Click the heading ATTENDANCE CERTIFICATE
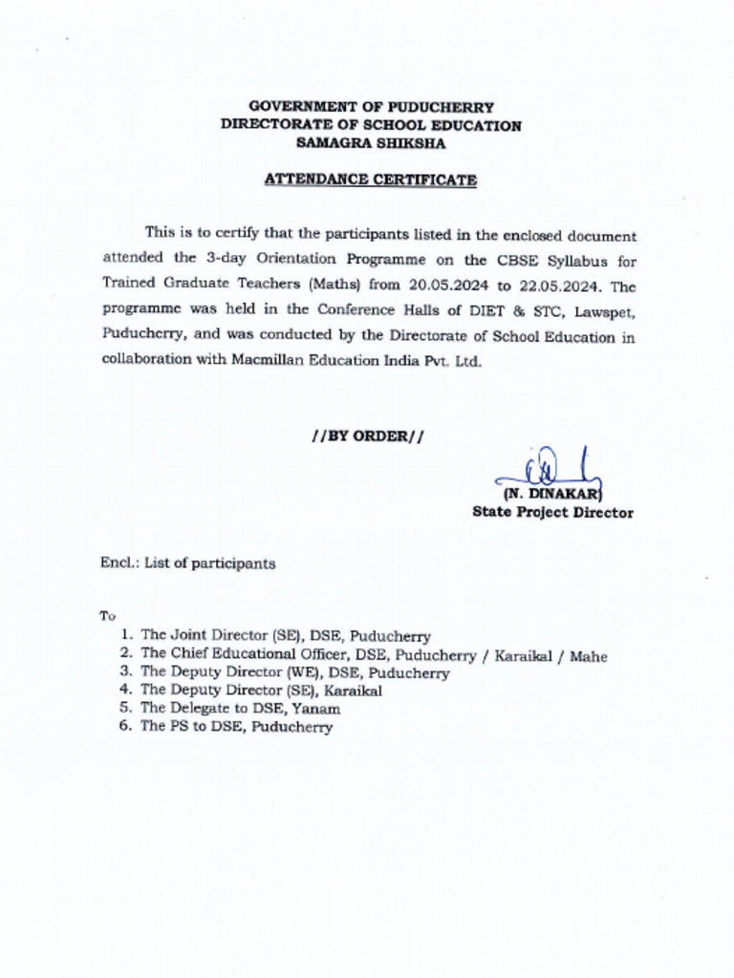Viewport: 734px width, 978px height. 371,180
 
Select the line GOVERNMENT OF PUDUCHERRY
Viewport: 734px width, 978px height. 371,108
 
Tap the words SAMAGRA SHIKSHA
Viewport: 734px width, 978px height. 371,143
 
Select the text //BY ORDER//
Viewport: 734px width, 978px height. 369,436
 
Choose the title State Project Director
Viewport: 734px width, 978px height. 552,513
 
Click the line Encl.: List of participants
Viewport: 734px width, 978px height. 188,563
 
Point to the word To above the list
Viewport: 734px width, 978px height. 107,616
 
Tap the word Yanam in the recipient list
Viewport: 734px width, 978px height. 320,709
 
